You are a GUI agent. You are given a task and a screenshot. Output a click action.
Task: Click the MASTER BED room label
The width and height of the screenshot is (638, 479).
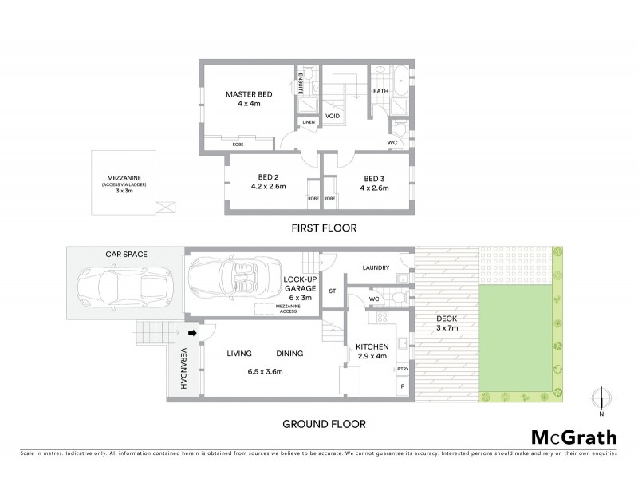[248, 94]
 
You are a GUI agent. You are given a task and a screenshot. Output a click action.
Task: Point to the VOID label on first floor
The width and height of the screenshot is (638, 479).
[333, 117]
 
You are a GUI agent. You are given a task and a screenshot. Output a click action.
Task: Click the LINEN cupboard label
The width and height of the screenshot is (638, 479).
[308, 122]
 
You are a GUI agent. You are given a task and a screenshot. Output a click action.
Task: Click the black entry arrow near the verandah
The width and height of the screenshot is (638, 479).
[192, 333]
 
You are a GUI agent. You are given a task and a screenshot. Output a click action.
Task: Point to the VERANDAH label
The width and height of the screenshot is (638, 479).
[183, 364]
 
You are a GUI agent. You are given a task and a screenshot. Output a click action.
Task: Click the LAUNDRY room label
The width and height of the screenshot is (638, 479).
[374, 268]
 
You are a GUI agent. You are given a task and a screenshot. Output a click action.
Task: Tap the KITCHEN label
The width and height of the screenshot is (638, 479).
[372, 346]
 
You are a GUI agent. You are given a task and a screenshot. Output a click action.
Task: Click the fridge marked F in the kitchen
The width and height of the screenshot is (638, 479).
[402, 386]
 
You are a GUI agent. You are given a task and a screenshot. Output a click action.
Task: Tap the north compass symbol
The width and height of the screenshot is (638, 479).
[602, 397]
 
